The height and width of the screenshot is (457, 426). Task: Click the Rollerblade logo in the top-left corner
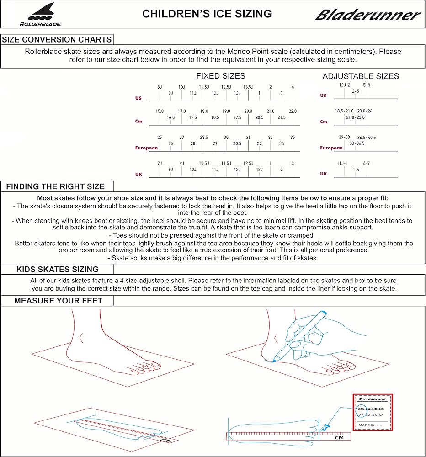40,14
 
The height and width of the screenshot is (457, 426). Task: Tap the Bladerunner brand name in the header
367,15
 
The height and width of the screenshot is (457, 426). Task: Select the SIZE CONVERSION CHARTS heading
57,39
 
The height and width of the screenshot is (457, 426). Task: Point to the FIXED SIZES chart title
221,76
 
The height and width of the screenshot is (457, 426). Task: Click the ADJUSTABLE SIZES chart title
361,76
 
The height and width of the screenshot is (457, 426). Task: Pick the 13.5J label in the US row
248,87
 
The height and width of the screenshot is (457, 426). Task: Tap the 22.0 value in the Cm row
293,112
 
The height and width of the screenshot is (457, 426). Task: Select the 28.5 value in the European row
204,138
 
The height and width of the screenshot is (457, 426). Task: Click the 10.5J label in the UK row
204,164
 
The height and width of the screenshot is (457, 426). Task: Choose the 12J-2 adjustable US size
345,85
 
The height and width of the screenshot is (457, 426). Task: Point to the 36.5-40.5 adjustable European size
367,137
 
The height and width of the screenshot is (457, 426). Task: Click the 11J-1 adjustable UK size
342,163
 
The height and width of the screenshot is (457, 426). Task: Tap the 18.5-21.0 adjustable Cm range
344,111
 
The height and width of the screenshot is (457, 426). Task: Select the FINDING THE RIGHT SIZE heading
55,186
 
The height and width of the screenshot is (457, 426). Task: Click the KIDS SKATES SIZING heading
58,270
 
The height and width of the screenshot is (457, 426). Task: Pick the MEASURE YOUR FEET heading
58,301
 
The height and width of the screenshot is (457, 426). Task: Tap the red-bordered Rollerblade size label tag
373,412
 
